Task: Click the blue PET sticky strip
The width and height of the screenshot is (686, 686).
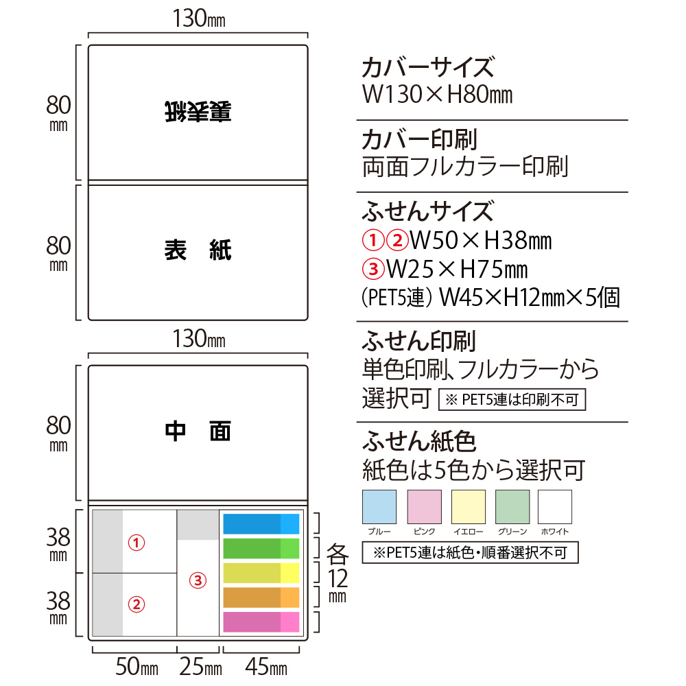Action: click(261, 523)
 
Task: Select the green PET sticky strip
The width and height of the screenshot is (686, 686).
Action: click(261, 548)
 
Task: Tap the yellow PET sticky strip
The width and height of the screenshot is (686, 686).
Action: click(261, 573)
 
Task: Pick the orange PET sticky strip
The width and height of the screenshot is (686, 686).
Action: click(261, 598)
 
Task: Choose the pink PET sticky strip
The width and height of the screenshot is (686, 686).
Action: click(261, 622)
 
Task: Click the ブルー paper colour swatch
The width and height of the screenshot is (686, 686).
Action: click(379, 507)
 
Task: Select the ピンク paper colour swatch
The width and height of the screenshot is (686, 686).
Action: click(424, 507)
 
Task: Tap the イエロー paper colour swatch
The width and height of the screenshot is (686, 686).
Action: click(468, 507)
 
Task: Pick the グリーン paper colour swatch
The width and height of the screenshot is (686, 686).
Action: click(512, 507)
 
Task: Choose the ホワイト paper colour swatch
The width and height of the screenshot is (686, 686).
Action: click(555, 507)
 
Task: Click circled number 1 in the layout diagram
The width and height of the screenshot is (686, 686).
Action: click(136, 543)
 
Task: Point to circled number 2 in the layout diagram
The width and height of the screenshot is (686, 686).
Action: click(136, 604)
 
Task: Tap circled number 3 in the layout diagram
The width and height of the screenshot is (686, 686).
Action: click(198, 580)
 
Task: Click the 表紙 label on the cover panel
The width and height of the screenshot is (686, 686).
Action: click(198, 250)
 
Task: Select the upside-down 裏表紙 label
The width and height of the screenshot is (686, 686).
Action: click(198, 111)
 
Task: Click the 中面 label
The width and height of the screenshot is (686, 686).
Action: click(198, 431)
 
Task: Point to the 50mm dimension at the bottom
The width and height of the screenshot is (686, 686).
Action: click(137, 667)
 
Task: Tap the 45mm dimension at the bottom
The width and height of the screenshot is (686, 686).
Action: click(266, 667)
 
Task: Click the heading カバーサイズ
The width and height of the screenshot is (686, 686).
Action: click(428, 67)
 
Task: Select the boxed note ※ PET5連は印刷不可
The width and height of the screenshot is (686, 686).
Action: click(512, 399)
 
